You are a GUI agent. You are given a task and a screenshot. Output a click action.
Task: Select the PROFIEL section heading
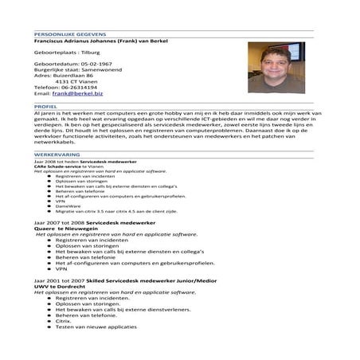click(45, 105)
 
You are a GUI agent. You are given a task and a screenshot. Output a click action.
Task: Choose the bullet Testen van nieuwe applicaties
click(96, 327)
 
